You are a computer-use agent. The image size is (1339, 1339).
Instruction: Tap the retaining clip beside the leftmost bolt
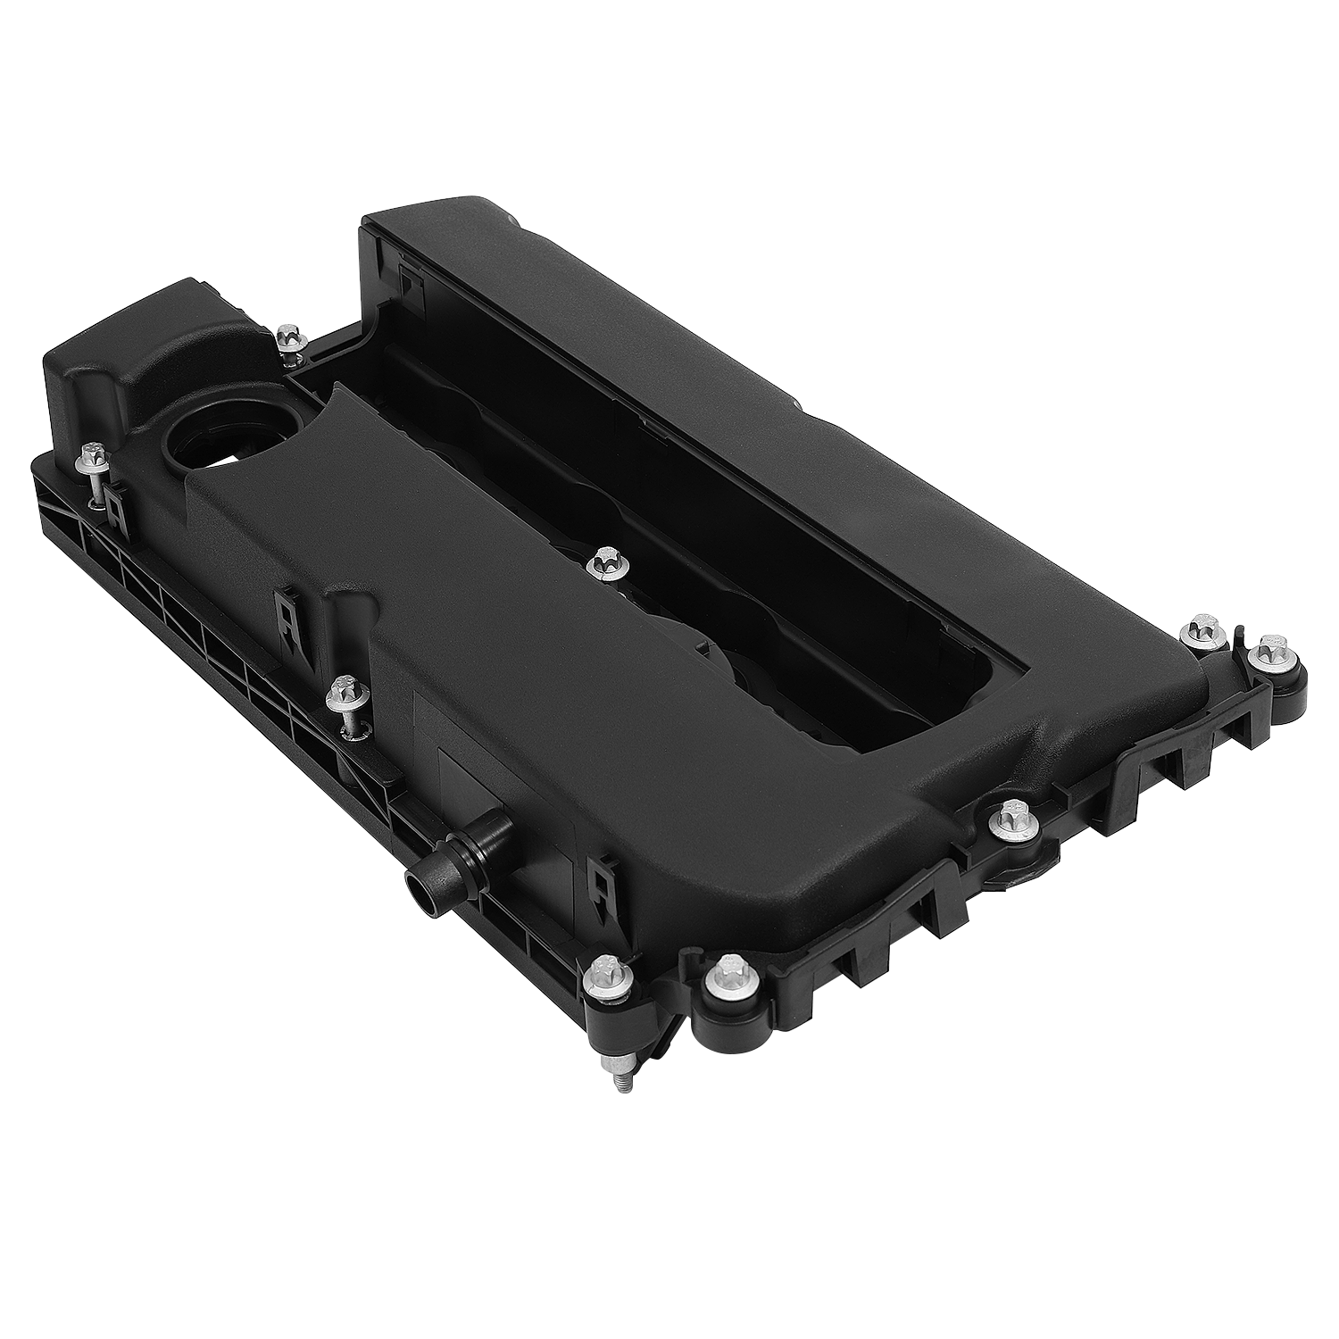(114, 499)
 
